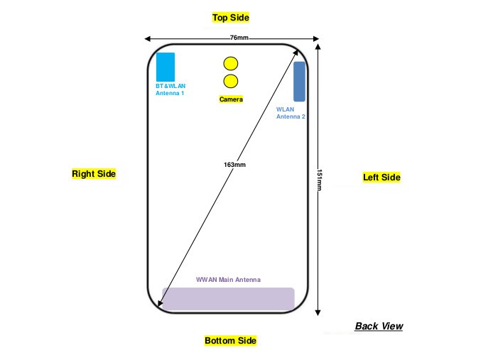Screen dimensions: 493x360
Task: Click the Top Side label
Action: click(x=230, y=18)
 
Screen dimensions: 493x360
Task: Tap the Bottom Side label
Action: click(x=230, y=341)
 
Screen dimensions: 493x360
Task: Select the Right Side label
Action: click(x=94, y=173)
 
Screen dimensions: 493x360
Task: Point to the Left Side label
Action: click(x=381, y=178)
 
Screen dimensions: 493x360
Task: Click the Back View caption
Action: click(x=379, y=326)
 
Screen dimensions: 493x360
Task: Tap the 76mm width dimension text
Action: click(x=239, y=38)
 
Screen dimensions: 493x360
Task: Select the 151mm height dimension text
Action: click(x=320, y=180)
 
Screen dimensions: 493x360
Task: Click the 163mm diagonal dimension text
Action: click(x=234, y=165)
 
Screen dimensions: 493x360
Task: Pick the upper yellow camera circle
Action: click(x=231, y=63)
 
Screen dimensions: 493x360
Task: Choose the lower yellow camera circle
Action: click(x=231, y=81)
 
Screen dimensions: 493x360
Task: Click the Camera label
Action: click(x=231, y=99)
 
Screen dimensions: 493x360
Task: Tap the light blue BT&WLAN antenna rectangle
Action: click(x=166, y=67)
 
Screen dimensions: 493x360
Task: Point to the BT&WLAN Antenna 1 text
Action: click(x=170, y=89)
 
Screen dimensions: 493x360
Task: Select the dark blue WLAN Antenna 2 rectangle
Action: click(x=299, y=82)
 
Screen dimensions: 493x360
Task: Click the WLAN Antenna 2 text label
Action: click(x=291, y=113)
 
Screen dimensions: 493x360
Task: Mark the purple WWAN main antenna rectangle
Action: click(x=228, y=299)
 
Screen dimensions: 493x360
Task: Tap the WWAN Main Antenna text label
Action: click(x=228, y=280)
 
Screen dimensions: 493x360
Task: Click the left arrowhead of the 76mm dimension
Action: click(x=147, y=39)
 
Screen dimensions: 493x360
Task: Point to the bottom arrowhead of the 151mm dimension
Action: click(x=318, y=312)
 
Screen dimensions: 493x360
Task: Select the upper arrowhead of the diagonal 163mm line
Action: click(x=296, y=53)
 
